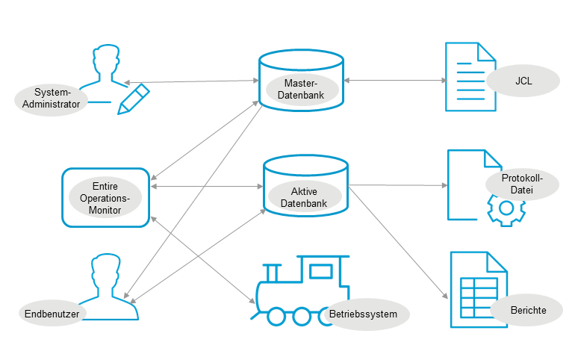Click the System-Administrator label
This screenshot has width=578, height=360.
click(x=51, y=99)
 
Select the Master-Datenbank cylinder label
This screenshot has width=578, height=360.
click(x=302, y=89)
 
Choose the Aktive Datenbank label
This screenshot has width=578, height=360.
click(x=304, y=197)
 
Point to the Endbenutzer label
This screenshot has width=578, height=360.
click(x=51, y=313)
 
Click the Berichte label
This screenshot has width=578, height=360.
click(x=528, y=310)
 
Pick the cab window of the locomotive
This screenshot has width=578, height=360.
click(x=321, y=270)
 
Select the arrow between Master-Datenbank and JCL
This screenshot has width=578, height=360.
click(x=394, y=80)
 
